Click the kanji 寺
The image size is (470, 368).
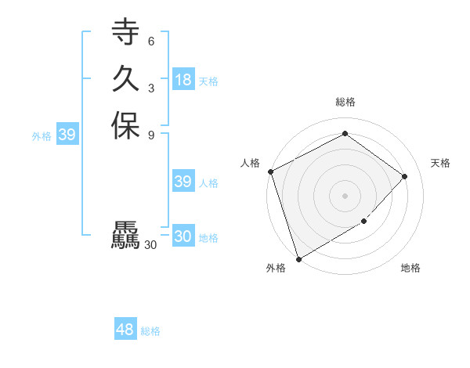click(125, 32)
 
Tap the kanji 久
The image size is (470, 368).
click(125, 78)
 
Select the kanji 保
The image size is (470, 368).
click(125, 125)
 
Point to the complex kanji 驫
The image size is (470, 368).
click(125, 236)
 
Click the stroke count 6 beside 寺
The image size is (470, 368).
click(150, 41)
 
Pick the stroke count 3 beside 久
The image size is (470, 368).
click(150, 88)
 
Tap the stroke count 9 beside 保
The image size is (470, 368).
click(150, 135)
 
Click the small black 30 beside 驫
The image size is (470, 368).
click(150, 245)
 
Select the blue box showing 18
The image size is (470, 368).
click(183, 80)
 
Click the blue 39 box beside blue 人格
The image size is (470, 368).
click(183, 182)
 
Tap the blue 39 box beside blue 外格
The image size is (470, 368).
click(67, 135)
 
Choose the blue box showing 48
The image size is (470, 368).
click(125, 330)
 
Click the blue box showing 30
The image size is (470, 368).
click(183, 236)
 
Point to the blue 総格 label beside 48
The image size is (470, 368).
click(150, 331)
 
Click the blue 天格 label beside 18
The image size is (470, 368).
click(208, 81)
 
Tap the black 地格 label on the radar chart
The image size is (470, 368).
click(410, 269)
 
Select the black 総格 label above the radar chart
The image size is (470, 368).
click(345, 102)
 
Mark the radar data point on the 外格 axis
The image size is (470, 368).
click(298, 259)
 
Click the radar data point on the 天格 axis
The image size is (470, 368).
click(405, 176)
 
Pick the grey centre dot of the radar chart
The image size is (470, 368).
click(345, 195)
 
